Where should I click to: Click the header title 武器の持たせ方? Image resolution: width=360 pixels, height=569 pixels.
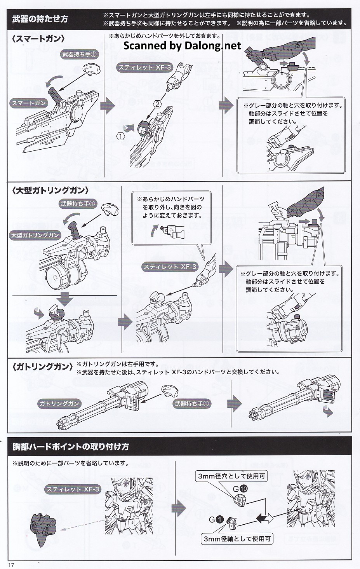click(40, 19)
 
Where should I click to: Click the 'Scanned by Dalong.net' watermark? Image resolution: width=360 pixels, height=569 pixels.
click(182, 46)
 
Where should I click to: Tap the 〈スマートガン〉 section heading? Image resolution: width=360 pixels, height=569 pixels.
click(38, 39)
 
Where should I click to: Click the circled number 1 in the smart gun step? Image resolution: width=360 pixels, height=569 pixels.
click(121, 136)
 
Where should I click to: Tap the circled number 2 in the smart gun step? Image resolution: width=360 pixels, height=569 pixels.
click(157, 104)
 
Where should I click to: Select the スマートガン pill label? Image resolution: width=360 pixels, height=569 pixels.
click(29, 103)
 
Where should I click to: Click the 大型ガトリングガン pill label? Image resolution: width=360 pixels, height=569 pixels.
click(35, 235)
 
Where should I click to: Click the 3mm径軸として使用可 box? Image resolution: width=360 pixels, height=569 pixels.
click(237, 539)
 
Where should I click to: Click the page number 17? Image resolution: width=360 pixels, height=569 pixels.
click(11, 565)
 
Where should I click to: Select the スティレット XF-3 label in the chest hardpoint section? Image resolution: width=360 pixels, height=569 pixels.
click(73, 489)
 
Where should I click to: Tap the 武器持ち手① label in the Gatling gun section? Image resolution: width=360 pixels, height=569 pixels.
click(192, 403)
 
